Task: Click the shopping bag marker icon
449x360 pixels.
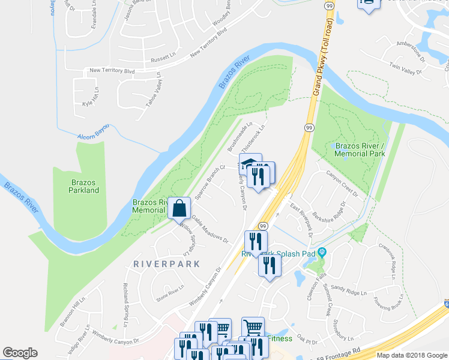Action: (179, 209)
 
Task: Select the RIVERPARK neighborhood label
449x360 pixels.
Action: (158, 263)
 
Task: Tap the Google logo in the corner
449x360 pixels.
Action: (20, 353)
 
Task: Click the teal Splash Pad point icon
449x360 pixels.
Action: (322, 251)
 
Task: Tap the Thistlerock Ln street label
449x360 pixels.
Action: (253, 137)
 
